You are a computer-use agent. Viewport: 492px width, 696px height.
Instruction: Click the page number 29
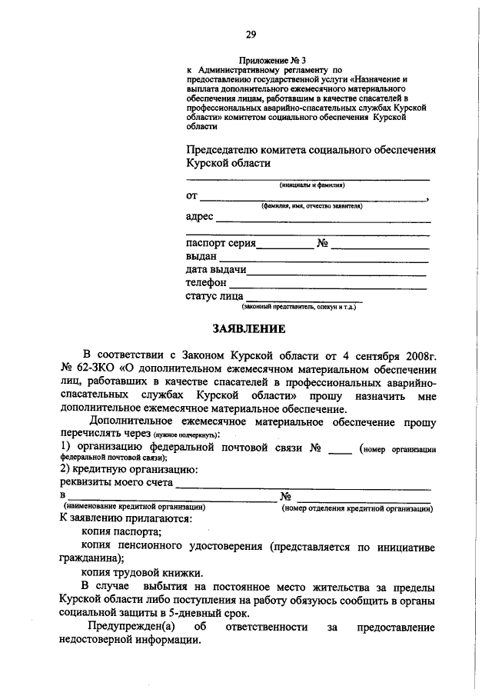(250, 33)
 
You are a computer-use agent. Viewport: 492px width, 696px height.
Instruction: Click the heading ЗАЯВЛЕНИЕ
(248, 329)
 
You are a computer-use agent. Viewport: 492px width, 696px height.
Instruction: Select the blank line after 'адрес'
(323, 221)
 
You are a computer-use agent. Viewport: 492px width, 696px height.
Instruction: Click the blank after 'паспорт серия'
(285, 248)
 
